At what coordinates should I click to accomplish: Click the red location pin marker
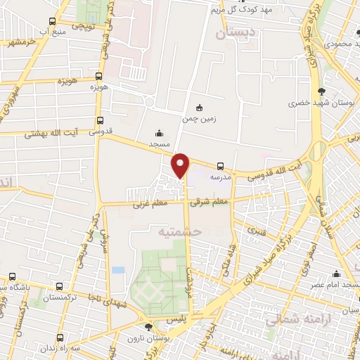pyautogui.click(x=181, y=165)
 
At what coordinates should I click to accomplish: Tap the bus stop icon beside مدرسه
pyautogui.click(x=221, y=167)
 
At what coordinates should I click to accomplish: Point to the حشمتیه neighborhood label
pyautogui.click(x=180, y=231)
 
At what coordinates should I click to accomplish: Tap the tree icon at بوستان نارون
pyautogui.click(x=148, y=326)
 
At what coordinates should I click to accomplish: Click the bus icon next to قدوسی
pyautogui.click(x=101, y=120)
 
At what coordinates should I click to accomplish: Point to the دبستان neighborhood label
pyautogui.click(x=233, y=32)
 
